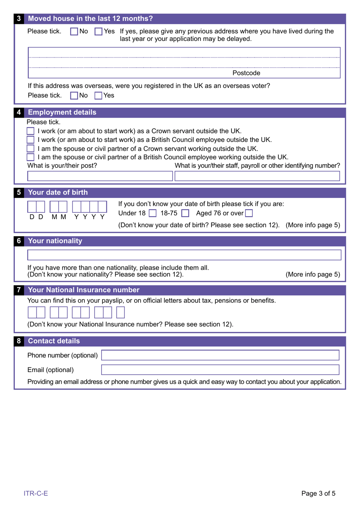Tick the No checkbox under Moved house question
74,31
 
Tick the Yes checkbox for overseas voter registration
98,96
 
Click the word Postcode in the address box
246,73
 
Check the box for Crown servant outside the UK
31,131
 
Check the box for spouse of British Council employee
31,157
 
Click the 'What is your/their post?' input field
100,176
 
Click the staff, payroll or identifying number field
257,176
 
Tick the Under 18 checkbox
153,214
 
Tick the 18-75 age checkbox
185,214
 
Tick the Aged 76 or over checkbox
249,214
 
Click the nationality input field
184,255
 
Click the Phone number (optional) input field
220,355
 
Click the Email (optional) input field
220,369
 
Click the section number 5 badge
19,192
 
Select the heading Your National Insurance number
84,290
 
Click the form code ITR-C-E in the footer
36,493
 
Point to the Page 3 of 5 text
318,493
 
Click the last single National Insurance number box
120,313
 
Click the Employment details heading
62,112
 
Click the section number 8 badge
19,341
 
